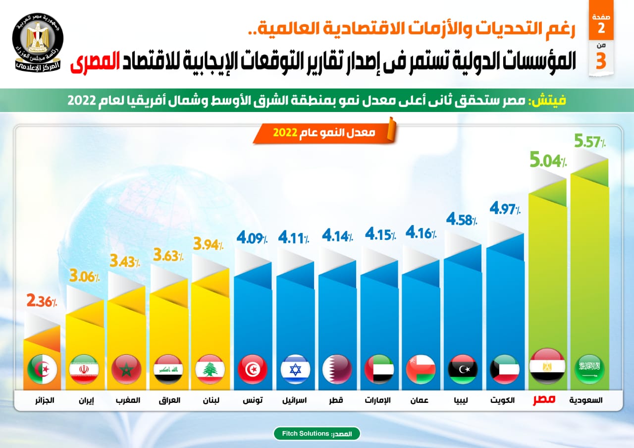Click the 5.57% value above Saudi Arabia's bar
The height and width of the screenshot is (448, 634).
click(590, 142)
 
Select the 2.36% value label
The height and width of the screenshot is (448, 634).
click(42, 301)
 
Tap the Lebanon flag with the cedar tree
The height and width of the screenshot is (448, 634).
click(211, 369)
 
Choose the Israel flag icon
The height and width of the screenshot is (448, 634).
click(295, 369)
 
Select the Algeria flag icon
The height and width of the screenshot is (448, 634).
click(42, 369)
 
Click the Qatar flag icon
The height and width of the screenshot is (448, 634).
click(337, 369)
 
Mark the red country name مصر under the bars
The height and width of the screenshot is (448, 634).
click(544, 400)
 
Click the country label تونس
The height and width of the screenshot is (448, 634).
click(253, 400)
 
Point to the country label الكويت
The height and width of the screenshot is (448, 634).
click(505, 400)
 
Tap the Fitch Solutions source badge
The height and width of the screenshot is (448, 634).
click(317, 434)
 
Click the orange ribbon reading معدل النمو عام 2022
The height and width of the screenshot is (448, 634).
click(324, 133)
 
